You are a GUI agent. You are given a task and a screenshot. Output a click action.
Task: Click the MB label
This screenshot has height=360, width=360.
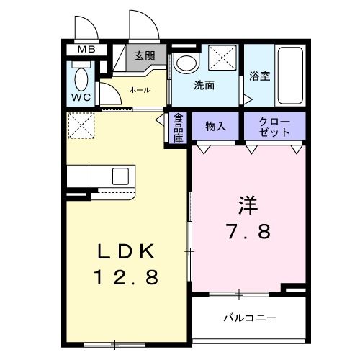point(86,50)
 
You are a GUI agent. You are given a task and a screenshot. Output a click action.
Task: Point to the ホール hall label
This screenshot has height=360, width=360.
point(140,90)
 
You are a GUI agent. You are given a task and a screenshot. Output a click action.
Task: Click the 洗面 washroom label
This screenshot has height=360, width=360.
point(204,85)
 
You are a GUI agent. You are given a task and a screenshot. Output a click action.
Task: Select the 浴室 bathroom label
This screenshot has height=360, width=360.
point(259,76)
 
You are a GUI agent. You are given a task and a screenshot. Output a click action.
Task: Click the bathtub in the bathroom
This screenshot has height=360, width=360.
point(291,76)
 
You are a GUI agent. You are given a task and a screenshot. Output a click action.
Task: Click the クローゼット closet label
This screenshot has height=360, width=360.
point(274,127)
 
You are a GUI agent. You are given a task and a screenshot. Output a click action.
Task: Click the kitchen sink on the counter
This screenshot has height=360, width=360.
point(120,176)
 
